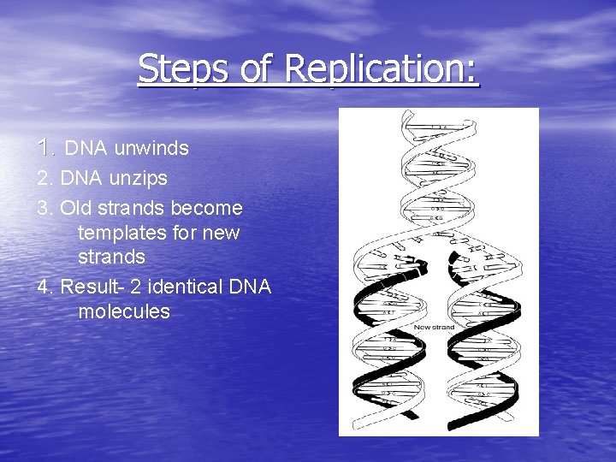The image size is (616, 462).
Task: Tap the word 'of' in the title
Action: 256,68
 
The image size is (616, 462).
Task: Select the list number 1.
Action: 46,148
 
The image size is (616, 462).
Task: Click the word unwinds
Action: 151,149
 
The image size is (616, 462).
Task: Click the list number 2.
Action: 44,179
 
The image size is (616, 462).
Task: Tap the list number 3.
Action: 44,208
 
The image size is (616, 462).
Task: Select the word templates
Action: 120,233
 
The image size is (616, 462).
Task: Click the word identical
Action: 189,287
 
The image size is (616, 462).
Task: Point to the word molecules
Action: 124,311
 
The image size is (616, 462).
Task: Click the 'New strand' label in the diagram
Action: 434,327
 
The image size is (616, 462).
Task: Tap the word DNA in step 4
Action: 250,287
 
